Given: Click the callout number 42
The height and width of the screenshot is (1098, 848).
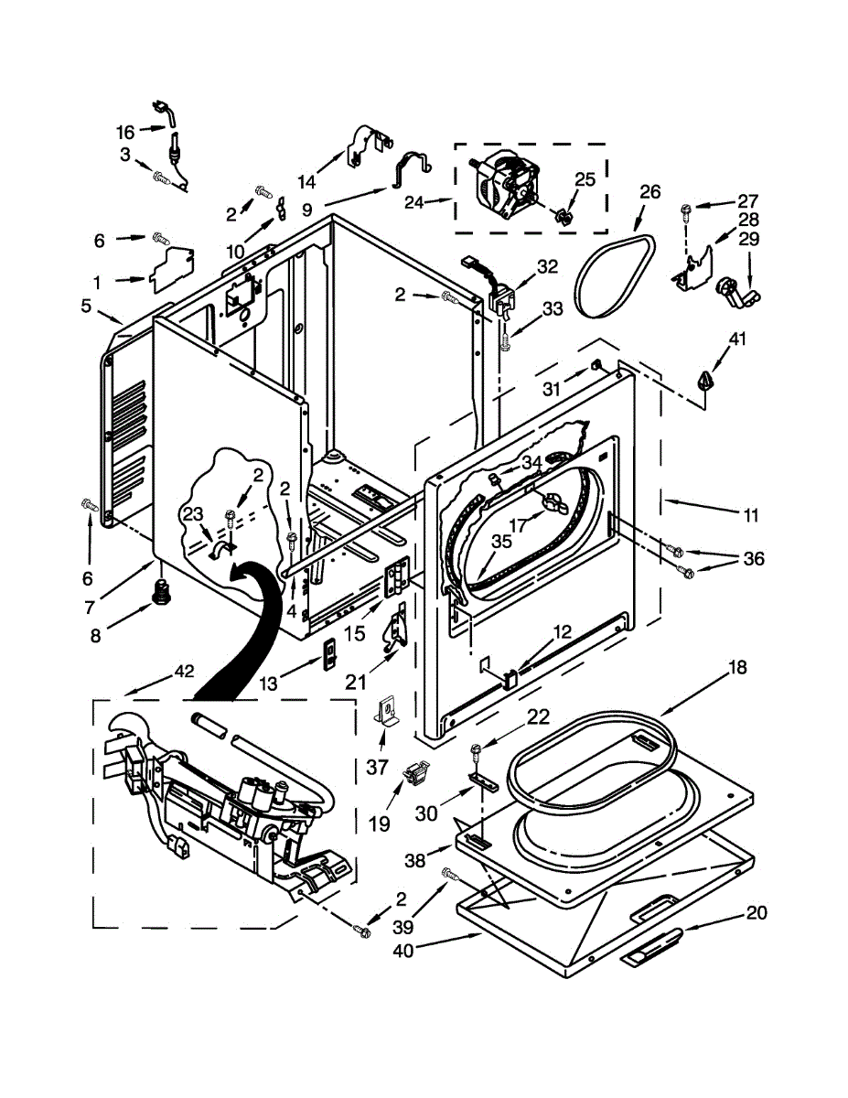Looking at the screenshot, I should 184,671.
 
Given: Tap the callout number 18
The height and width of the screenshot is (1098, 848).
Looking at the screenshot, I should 737,669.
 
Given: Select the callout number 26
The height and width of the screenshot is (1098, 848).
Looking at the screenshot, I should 649,192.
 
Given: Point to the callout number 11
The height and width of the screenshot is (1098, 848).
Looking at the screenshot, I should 751,516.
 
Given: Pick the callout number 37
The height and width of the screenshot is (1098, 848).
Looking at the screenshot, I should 377,767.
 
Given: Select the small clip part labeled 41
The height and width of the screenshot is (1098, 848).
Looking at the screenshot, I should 705,379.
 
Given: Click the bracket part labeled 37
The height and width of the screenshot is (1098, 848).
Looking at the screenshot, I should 389,712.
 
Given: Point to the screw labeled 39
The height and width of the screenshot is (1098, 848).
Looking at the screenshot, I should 450,875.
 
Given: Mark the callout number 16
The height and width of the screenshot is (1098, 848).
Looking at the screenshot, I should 125,132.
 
